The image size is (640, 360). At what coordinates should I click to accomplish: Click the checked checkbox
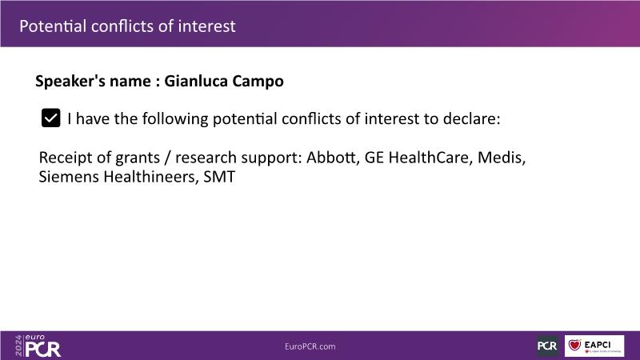pyautogui.click(x=50, y=118)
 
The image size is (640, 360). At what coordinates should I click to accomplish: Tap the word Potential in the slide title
pyautogui.click(x=53, y=26)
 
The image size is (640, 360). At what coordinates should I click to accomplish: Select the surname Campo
pyautogui.click(x=258, y=82)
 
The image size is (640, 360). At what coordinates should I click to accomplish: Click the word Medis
pyautogui.click(x=502, y=158)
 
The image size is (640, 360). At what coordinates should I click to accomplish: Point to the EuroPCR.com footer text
pyautogui.click(x=310, y=346)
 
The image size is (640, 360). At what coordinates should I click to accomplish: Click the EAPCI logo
pyautogui.click(x=594, y=346)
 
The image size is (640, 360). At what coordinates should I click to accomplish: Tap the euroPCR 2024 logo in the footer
pyautogui.click(x=38, y=346)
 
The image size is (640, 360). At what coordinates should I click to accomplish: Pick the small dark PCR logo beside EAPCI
pyautogui.click(x=547, y=346)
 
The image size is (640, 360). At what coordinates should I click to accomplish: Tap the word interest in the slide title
pyautogui.click(x=206, y=26)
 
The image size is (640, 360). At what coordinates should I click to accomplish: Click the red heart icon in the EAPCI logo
pyautogui.click(x=574, y=345)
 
